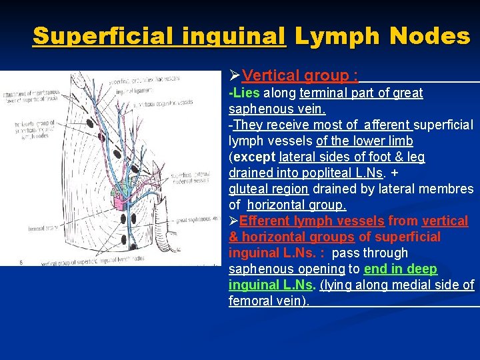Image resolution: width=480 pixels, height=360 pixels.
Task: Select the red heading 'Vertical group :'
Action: (x=300, y=76)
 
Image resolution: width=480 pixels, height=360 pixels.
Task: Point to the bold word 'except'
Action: (x=254, y=157)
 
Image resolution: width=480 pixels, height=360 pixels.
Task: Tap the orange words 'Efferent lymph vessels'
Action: (x=312, y=221)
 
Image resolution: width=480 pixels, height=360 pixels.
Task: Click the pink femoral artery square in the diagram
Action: (x=122, y=199)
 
